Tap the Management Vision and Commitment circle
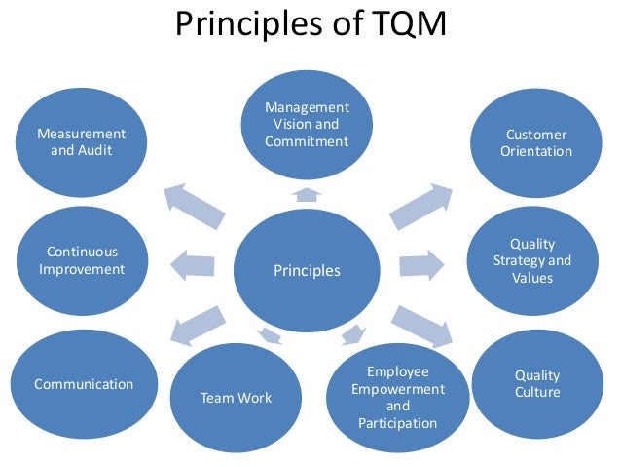click(307, 124)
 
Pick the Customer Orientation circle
click(536, 143)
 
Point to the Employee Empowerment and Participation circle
click(397, 397)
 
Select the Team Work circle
click(236, 397)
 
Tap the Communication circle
click(83, 383)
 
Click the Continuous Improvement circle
click(82, 261)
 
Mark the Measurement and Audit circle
click(82, 143)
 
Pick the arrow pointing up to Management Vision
click(307, 194)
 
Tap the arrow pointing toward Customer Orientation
click(420, 206)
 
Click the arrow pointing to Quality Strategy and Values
click(420, 264)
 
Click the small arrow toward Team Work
click(270, 335)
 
